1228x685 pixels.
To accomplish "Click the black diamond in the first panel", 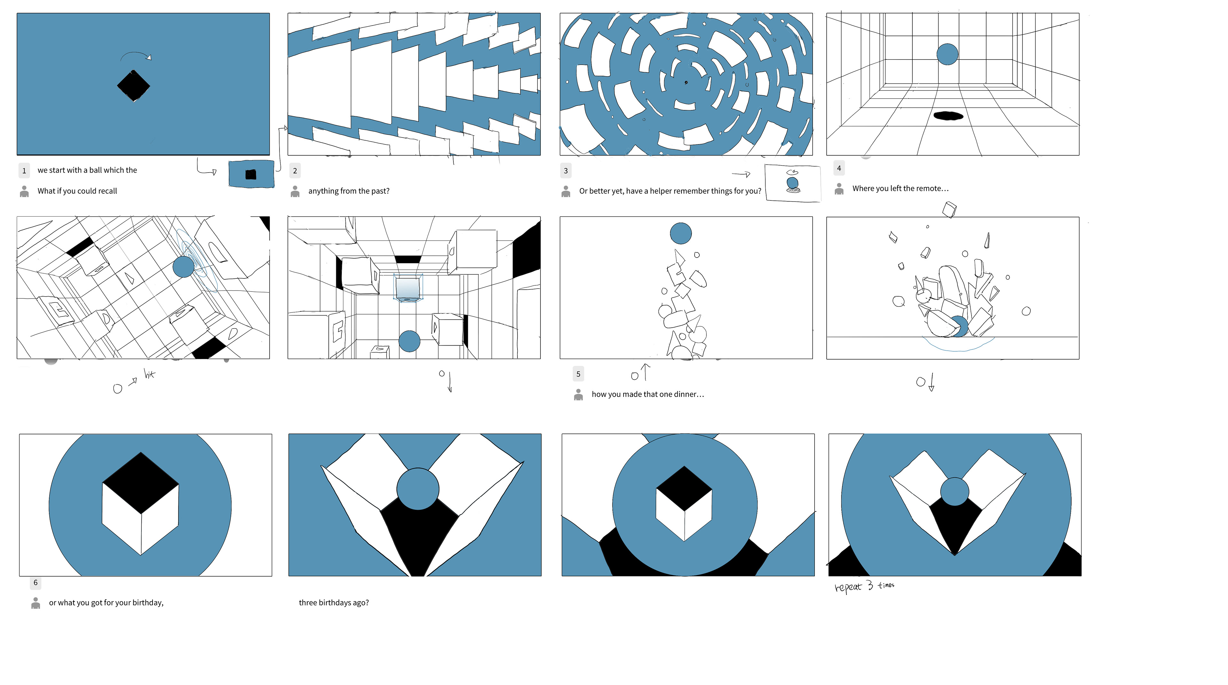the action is (x=133, y=86).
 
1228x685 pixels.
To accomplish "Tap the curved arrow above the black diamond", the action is (x=136, y=54).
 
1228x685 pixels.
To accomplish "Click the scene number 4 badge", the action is (x=839, y=168).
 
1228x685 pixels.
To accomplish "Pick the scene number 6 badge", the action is (x=35, y=583).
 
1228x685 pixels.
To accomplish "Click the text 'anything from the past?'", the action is (x=349, y=191).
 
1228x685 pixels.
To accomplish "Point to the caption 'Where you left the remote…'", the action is (x=901, y=189).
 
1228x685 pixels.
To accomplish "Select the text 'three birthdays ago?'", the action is (x=334, y=603).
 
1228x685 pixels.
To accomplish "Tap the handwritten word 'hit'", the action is (x=150, y=374).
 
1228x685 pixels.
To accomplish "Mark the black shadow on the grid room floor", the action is (x=948, y=115).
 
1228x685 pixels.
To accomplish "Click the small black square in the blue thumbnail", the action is (x=251, y=174).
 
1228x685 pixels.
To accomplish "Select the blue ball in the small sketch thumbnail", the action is (x=792, y=183).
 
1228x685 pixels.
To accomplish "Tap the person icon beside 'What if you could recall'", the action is (x=24, y=191).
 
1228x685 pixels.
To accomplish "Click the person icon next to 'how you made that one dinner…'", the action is (x=578, y=394).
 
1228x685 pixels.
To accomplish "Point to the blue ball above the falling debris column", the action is (x=681, y=233).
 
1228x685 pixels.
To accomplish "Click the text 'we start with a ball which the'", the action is (x=87, y=170).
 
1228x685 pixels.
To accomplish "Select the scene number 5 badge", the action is (x=578, y=374).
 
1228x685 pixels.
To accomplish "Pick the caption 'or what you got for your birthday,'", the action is (x=106, y=603).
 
